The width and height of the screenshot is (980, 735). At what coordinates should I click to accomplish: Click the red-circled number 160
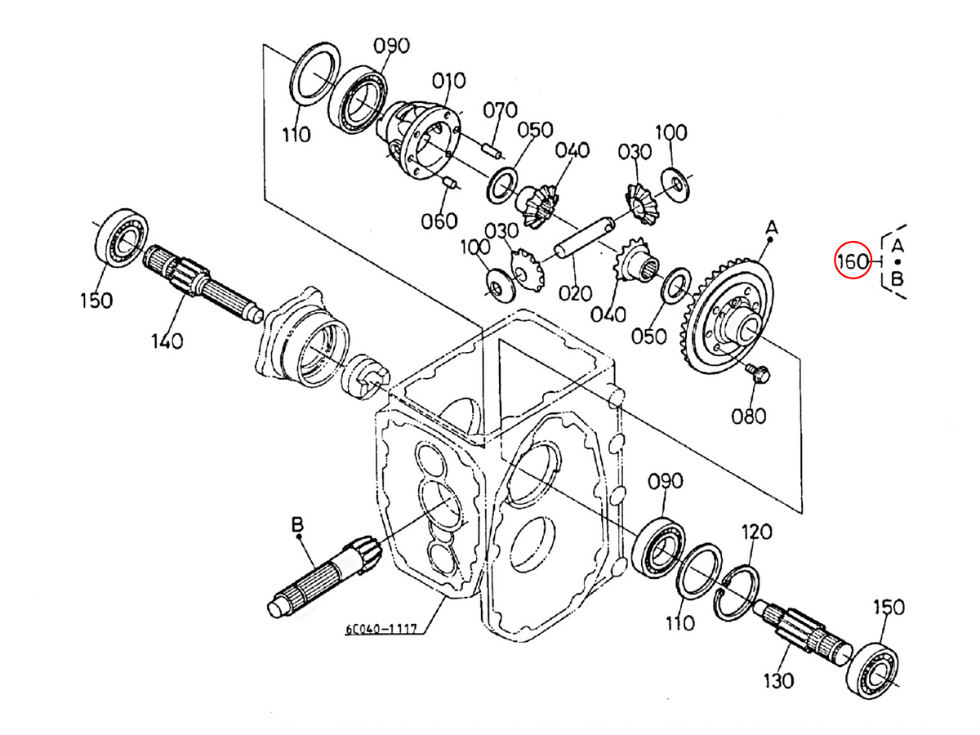[852, 261]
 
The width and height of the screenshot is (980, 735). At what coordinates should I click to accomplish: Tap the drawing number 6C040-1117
[381, 628]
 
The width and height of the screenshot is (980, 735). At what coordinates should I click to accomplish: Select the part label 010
[448, 81]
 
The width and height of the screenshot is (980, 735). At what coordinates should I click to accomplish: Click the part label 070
[500, 109]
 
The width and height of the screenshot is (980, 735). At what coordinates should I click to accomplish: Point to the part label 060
[439, 220]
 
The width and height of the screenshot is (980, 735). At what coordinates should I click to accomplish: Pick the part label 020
[575, 293]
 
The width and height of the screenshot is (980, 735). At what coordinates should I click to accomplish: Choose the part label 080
[749, 416]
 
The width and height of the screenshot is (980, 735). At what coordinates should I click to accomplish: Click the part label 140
[167, 341]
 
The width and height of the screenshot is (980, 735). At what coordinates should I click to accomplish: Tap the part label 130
[778, 681]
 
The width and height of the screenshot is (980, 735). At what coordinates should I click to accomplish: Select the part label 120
[757, 532]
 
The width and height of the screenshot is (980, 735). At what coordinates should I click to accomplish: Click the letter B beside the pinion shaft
[297, 524]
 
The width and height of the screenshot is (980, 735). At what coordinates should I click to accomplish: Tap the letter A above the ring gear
[772, 228]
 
